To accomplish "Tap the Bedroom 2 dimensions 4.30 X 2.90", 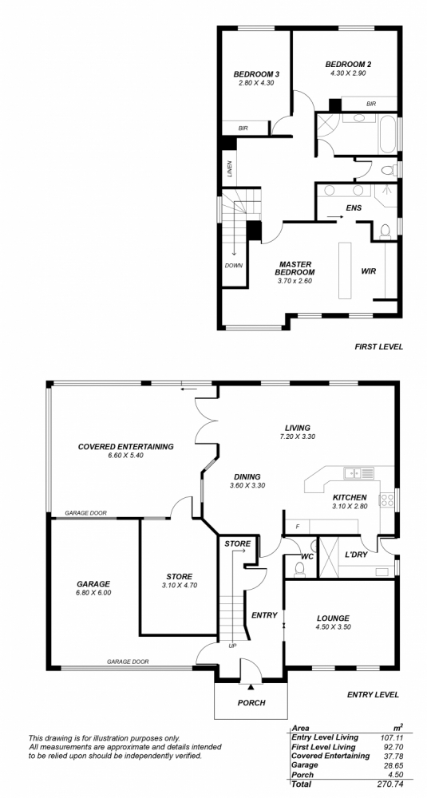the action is [x=348, y=73].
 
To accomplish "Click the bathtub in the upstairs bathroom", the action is [x=387, y=134].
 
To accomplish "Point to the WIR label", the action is [x=369, y=271].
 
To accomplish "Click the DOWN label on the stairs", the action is [x=234, y=265].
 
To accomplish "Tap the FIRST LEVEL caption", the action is [x=378, y=346].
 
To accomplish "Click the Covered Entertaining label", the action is [x=125, y=446].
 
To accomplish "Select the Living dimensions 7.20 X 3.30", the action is [x=298, y=437].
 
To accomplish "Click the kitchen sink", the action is [x=359, y=472].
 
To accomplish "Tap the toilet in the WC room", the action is [x=299, y=571].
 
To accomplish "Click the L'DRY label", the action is [x=356, y=555].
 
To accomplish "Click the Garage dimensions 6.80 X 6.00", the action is [x=93, y=592].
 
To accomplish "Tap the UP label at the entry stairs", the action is [x=232, y=646].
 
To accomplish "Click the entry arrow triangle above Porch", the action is [x=251, y=688].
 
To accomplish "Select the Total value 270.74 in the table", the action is [x=391, y=784].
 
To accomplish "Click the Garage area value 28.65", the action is [x=394, y=765].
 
